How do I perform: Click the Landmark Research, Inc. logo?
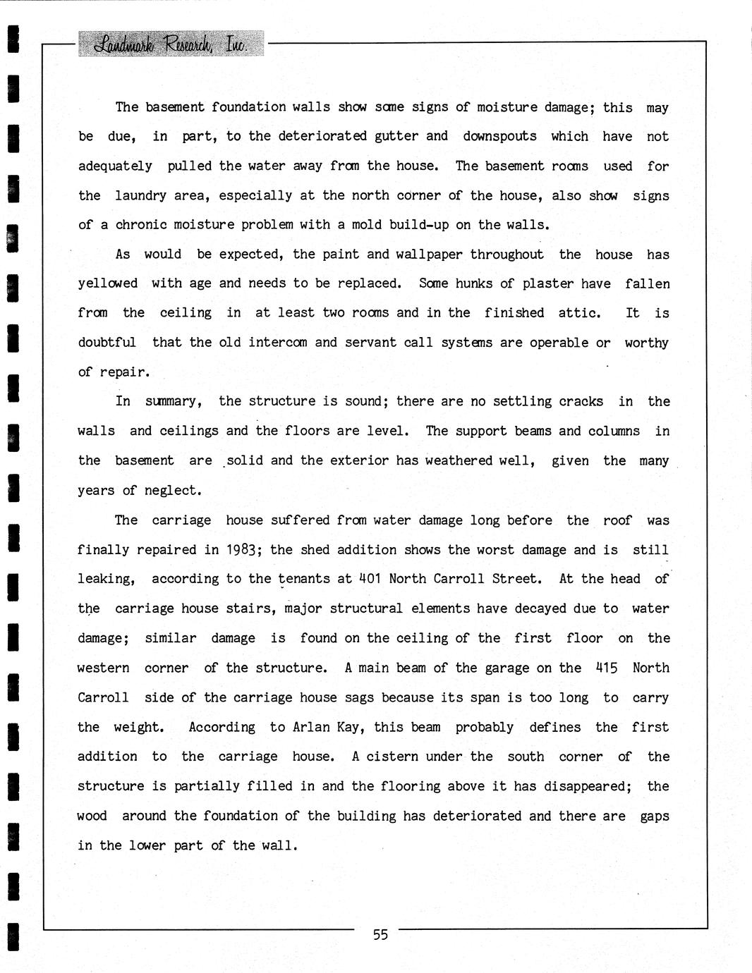[171, 44]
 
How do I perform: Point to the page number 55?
[380, 935]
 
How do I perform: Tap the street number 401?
[370, 579]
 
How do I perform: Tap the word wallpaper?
[429, 255]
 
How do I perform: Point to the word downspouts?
[499, 136]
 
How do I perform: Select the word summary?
[174, 402]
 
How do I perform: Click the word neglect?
[173, 491]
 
